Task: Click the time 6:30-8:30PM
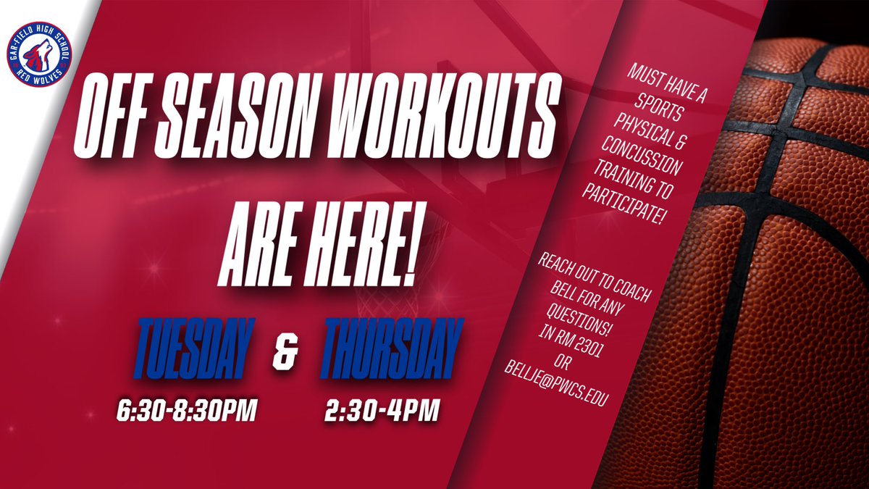coord(188,413)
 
